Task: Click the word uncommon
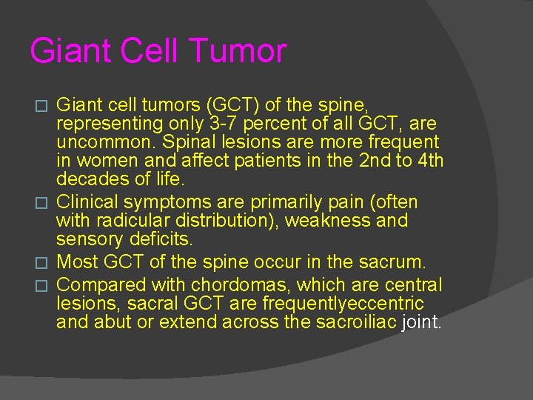point(96,141)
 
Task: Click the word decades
point(90,179)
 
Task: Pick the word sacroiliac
point(355,322)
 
